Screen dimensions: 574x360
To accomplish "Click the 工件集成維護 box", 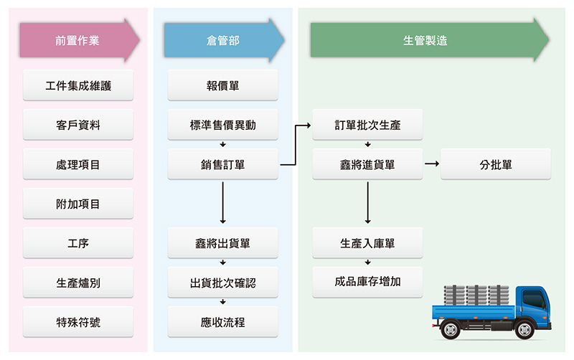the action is [x=78, y=85].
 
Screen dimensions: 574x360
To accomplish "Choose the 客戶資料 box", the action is [x=78, y=125].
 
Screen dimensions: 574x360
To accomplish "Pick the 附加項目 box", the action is [x=78, y=204].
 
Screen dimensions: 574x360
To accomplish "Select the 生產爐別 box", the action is [x=78, y=283].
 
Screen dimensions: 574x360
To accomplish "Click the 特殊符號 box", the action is [x=78, y=322].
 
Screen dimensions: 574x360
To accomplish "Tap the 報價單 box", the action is [x=222, y=85].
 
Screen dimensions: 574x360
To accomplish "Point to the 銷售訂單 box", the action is [x=222, y=164].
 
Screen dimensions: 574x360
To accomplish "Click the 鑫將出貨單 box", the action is [x=222, y=243].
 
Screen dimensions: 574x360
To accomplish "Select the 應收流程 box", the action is [x=222, y=322].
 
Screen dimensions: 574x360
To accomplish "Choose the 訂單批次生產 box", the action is [x=367, y=125].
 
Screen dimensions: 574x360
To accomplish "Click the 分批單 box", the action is [x=496, y=164].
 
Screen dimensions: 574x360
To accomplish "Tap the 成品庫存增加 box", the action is [x=367, y=282].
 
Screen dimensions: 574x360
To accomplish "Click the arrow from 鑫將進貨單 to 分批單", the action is [x=432, y=164].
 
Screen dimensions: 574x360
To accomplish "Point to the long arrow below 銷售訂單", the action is [x=222, y=203].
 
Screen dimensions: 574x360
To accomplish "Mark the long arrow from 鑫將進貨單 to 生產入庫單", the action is [x=367, y=203].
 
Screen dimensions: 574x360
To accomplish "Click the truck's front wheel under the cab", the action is [x=524, y=330].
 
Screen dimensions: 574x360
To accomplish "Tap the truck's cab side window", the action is [x=533, y=298].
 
